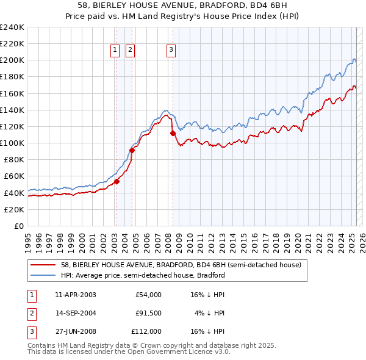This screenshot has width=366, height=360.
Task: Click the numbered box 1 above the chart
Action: tap(115, 51)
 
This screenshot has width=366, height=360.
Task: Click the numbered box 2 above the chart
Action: tap(131, 51)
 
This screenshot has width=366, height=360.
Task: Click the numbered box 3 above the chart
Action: tap(171, 51)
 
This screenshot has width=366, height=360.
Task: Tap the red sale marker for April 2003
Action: tap(117, 181)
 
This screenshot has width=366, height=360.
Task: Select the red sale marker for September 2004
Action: tap(132, 150)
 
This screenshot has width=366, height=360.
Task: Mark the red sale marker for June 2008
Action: tap(173, 133)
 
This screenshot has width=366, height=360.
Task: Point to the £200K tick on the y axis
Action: tap(12, 60)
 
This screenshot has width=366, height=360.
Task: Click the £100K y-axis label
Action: tap(12, 143)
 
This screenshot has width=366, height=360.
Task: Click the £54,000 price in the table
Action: tap(148, 295)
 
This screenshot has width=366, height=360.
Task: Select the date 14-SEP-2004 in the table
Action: tap(76, 313)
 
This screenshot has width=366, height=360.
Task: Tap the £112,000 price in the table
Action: tap(146, 331)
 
